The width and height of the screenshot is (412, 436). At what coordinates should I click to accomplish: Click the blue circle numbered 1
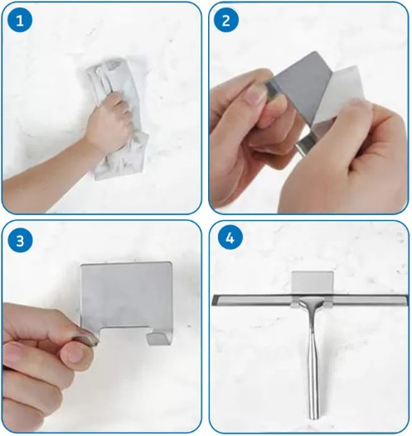pos(20,20)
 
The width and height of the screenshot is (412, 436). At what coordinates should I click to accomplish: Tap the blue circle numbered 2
pos(226,20)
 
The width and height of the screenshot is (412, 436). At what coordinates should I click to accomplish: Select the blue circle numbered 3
pos(20,241)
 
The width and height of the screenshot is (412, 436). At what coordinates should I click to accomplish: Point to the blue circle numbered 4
pos(230,238)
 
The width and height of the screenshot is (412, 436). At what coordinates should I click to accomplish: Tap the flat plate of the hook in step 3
pos(126,295)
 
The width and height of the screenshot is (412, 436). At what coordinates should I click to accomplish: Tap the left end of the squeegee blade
pos(213,300)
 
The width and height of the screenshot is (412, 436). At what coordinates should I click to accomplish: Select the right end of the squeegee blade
pos(407,300)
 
